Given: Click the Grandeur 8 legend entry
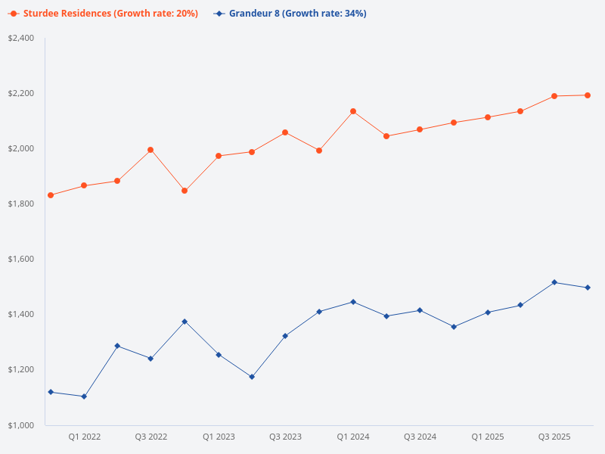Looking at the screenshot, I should (x=290, y=14).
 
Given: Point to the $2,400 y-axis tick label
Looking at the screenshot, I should (x=21, y=38).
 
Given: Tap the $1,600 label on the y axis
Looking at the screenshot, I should (x=21, y=259).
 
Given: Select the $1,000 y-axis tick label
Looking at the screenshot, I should (x=21, y=425).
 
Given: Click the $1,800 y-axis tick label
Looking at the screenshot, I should (x=21, y=204).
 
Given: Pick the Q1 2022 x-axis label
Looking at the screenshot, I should (x=84, y=437).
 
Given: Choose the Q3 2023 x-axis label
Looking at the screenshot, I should (x=285, y=437).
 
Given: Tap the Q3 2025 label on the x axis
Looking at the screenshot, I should (x=554, y=437).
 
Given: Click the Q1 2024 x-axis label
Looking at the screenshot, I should (x=352, y=437).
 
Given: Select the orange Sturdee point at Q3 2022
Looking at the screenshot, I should (x=150, y=150).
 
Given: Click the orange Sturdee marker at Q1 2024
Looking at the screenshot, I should (x=353, y=111).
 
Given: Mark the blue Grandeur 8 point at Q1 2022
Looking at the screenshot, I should (x=84, y=396).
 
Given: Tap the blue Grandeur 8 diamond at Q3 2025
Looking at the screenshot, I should (x=554, y=282).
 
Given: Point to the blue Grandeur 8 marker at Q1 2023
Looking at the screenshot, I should (x=219, y=355).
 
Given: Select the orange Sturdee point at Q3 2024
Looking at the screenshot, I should (x=420, y=129).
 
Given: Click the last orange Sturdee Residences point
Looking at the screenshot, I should (x=588, y=95).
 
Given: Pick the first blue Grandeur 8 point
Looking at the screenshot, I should (x=51, y=392).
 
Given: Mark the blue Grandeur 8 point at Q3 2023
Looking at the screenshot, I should (x=285, y=336).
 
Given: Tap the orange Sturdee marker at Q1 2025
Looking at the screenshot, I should (x=488, y=117).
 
